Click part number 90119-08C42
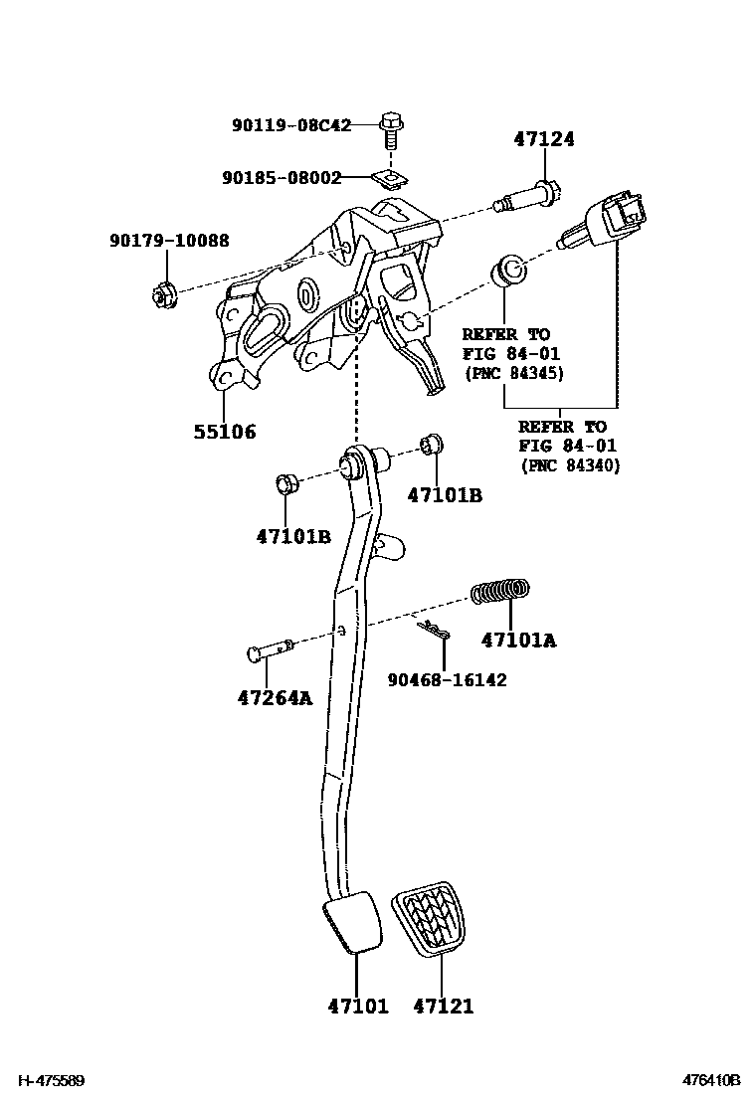291,125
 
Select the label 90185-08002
282,178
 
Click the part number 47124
544,140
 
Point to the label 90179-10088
169,240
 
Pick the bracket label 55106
224,432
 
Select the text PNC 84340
569,465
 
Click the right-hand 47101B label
445,494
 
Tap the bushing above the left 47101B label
285,484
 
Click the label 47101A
518,641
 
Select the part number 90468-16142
447,680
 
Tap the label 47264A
275,697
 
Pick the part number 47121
444,1007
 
